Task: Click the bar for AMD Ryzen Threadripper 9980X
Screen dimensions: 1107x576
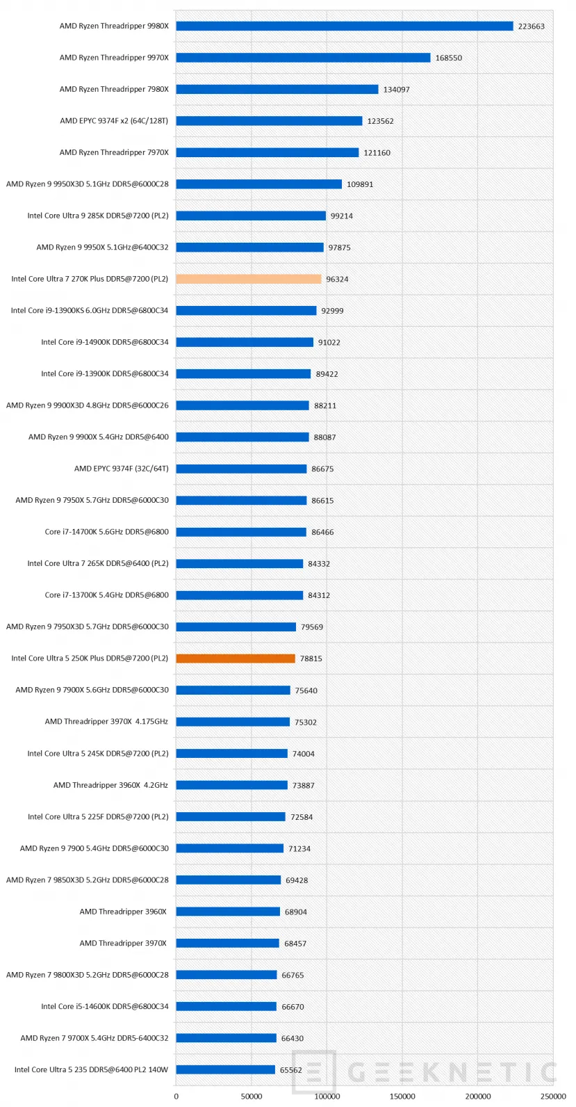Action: [x=344, y=26]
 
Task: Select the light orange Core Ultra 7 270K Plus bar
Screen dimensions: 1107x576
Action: [x=248, y=279]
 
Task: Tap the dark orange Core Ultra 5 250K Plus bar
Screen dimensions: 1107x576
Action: [x=235, y=658]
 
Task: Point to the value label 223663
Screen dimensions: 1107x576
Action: [x=531, y=26]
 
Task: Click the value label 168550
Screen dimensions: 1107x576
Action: [x=448, y=58]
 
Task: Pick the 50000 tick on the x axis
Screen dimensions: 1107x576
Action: [x=252, y=1097]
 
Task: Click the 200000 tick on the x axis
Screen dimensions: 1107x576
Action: [x=478, y=1097]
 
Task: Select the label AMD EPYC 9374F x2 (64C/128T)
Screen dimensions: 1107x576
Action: [x=114, y=121]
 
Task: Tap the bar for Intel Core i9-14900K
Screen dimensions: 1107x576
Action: [x=244, y=342]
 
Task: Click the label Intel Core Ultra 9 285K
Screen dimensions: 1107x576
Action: [x=98, y=216]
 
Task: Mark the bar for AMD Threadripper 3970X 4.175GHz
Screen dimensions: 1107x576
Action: [x=232, y=722]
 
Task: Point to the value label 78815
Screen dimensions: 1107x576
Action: [x=311, y=658]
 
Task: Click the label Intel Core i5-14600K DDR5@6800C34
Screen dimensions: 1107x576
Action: [x=104, y=1006]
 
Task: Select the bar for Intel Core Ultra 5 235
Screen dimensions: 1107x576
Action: [x=225, y=1069]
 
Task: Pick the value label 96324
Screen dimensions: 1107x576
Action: [x=337, y=279]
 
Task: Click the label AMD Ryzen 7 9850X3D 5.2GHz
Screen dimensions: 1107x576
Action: [x=88, y=880]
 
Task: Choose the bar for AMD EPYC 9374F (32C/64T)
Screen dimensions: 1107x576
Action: [x=240, y=469]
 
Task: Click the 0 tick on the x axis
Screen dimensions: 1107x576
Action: [x=176, y=1097]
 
